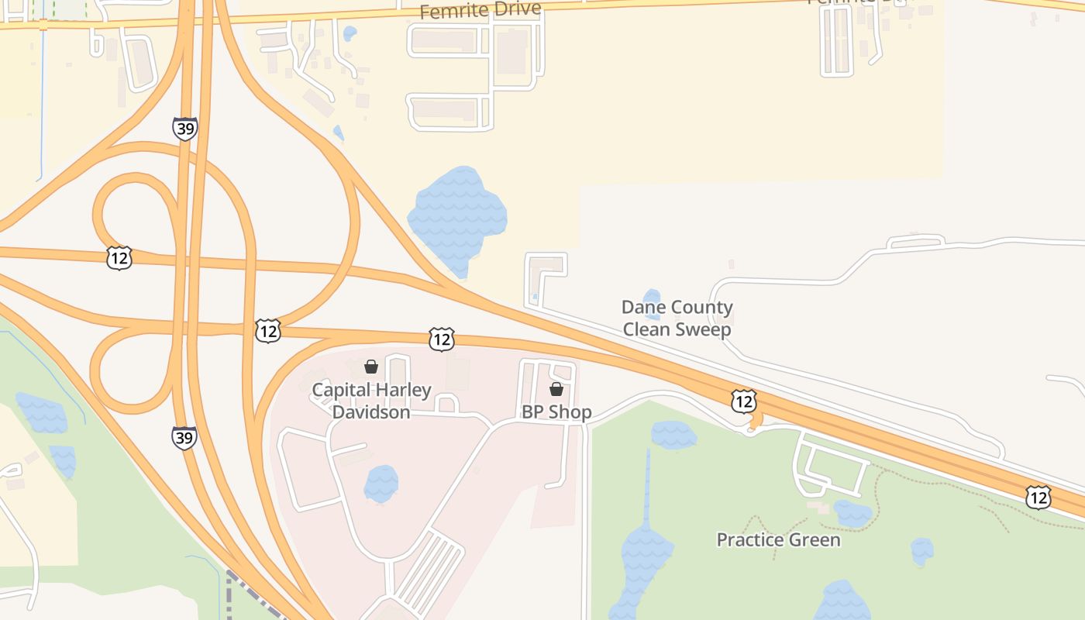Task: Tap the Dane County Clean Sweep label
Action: click(677, 319)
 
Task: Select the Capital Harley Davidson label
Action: click(371, 401)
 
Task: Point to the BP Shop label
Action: click(556, 412)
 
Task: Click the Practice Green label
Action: click(778, 539)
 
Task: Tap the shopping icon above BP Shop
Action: click(556, 389)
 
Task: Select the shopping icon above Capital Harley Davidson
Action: click(371, 367)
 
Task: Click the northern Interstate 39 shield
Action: click(184, 129)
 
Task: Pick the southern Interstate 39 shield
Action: click(184, 437)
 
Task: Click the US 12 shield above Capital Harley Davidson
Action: click(441, 339)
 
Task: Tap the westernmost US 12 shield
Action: click(119, 258)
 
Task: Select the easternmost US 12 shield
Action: click(1038, 497)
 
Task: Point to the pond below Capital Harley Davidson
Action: click(381, 484)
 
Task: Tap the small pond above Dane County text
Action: click(652, 298)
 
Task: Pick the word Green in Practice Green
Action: click(814, 539)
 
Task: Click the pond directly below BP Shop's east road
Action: click(673, 435)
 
